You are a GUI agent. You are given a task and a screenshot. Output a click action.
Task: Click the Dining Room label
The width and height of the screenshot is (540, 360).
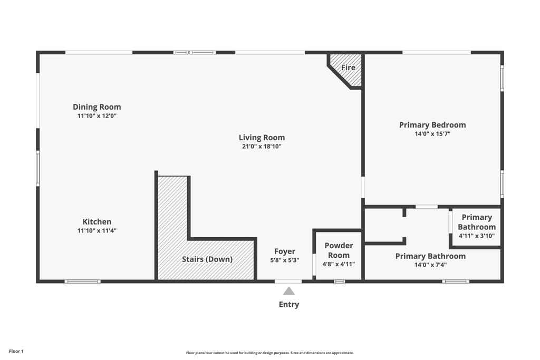click(97, 107)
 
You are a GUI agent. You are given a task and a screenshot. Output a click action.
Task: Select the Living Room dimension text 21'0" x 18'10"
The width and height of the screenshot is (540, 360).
click(262, 147)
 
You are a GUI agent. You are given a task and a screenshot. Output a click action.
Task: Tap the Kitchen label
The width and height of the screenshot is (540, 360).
click(97, 222)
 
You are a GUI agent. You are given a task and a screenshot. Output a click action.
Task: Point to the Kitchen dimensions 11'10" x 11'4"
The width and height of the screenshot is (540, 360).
click(97, 230)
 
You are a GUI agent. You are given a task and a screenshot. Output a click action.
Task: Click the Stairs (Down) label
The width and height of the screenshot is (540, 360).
click(207, 259)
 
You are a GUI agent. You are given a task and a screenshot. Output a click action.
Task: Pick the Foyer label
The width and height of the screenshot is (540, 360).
click(285, 251)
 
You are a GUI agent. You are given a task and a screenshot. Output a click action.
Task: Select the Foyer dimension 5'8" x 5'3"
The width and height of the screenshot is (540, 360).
click(285, 260)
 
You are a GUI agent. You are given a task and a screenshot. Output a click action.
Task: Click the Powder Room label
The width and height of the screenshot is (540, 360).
click(339, 250)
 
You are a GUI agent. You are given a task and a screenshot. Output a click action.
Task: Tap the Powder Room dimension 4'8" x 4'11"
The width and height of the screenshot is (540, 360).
click(339, 264)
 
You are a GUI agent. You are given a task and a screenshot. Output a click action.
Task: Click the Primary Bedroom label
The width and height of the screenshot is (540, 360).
click(432, 125)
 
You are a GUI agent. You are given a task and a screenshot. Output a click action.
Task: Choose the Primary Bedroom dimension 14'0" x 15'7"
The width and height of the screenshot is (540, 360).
click(432, 134)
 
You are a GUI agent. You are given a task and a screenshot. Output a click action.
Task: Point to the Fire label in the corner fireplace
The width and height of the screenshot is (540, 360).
click(348, 67)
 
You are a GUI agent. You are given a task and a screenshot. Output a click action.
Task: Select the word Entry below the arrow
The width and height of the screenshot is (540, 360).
click(288, 305)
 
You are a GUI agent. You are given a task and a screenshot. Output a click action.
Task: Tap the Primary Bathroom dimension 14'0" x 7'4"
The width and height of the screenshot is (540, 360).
click(430, 265)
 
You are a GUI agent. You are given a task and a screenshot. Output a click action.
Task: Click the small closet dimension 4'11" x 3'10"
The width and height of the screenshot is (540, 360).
click(477, 236)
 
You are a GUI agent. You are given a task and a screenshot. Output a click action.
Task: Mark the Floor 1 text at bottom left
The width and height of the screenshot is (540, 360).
click(16, 351)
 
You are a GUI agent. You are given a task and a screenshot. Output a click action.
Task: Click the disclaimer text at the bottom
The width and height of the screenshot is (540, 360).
click(269, 353)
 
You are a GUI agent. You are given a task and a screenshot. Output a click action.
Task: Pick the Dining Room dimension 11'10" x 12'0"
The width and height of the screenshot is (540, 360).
click(97, 115)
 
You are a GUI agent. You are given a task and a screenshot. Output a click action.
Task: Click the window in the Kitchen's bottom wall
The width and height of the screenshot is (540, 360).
click(82, 281)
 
